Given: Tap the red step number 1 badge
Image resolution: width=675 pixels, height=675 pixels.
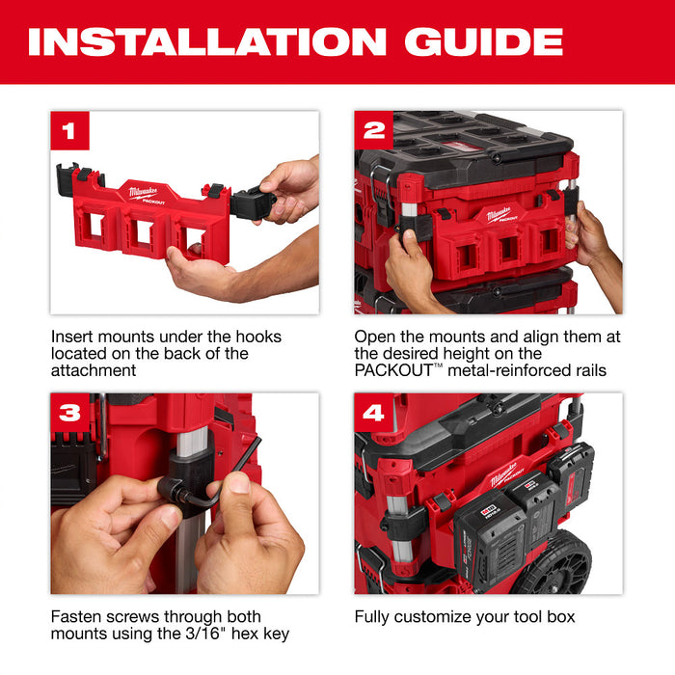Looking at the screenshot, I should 69,131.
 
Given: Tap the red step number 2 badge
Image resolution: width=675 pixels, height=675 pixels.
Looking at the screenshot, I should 373,131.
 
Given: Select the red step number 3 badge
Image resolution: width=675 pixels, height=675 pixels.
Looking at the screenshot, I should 69,414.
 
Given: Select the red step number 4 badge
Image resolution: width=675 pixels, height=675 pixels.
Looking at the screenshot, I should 373,414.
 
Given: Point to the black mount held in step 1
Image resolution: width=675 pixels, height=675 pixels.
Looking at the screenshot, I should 253,202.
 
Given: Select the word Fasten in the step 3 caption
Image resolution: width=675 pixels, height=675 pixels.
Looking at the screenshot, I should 76,616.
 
